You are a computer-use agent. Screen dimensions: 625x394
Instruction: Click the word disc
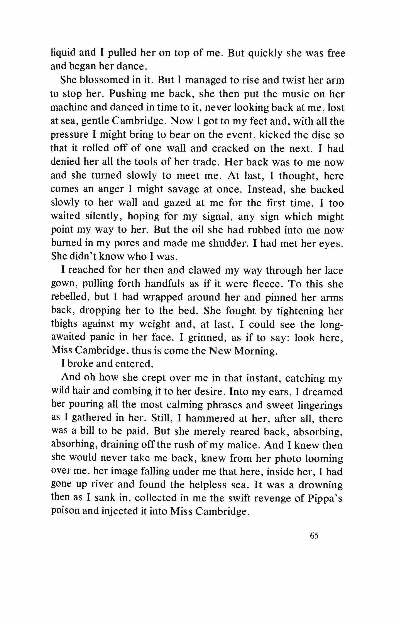318,134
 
